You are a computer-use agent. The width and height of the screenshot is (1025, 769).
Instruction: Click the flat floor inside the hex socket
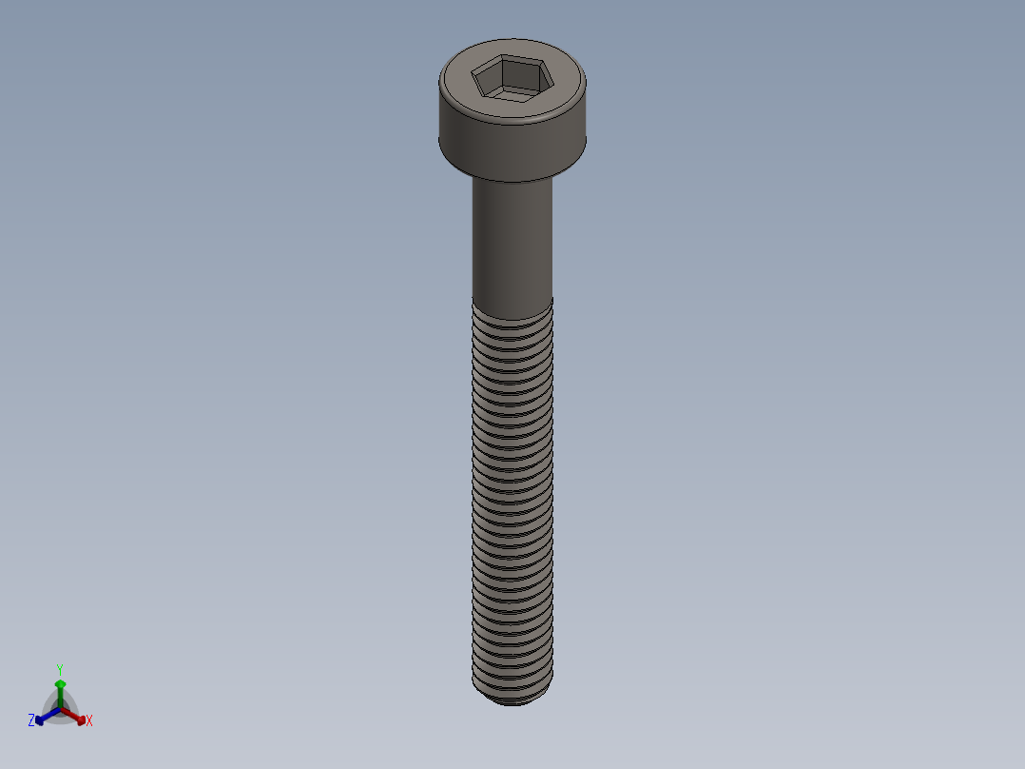[512, 93]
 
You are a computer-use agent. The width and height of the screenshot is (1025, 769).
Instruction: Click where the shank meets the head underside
[512, 182]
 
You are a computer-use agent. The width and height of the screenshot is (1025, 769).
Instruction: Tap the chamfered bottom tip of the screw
[512, 700]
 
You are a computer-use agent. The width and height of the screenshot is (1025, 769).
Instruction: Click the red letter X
[89, 721]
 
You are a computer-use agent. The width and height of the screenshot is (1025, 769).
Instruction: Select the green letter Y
[60, 670]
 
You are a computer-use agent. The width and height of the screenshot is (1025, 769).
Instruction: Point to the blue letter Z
[31, 721]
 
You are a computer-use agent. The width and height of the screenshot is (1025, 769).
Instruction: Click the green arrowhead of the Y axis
[60, 683]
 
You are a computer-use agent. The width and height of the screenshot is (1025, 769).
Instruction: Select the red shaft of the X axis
[70, 714]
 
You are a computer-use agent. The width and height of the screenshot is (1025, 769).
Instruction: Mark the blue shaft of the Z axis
[50, 714]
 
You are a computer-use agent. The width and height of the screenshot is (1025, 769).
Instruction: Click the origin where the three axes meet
[60, 709]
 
